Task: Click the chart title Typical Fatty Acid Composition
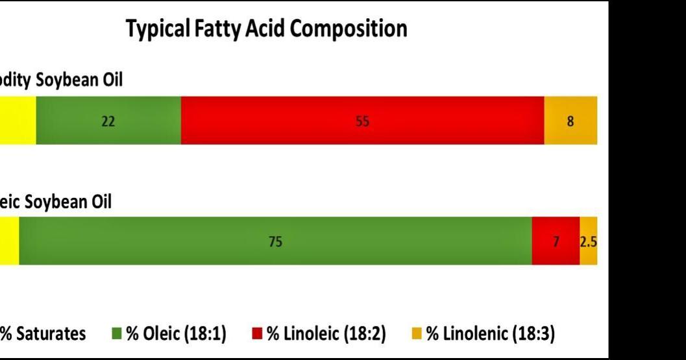pos(266,29)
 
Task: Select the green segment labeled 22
pos(108,121)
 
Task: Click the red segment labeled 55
pos(362,121)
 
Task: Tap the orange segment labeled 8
pos(570,121)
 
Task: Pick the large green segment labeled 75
pos(275,241)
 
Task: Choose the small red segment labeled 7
pos(556,241)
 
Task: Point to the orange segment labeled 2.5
pos(589,241)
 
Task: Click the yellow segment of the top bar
pos(18,121)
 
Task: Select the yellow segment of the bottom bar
pos(9,241)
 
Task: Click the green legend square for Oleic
pos(117,334)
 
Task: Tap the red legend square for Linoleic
pos(257,334)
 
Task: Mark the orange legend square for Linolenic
pos(416,334)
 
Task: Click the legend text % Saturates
pos(43,334)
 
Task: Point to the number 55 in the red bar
pos(362,121)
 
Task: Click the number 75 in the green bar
pos(275,242)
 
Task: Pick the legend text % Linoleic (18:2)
pos(326,334)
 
